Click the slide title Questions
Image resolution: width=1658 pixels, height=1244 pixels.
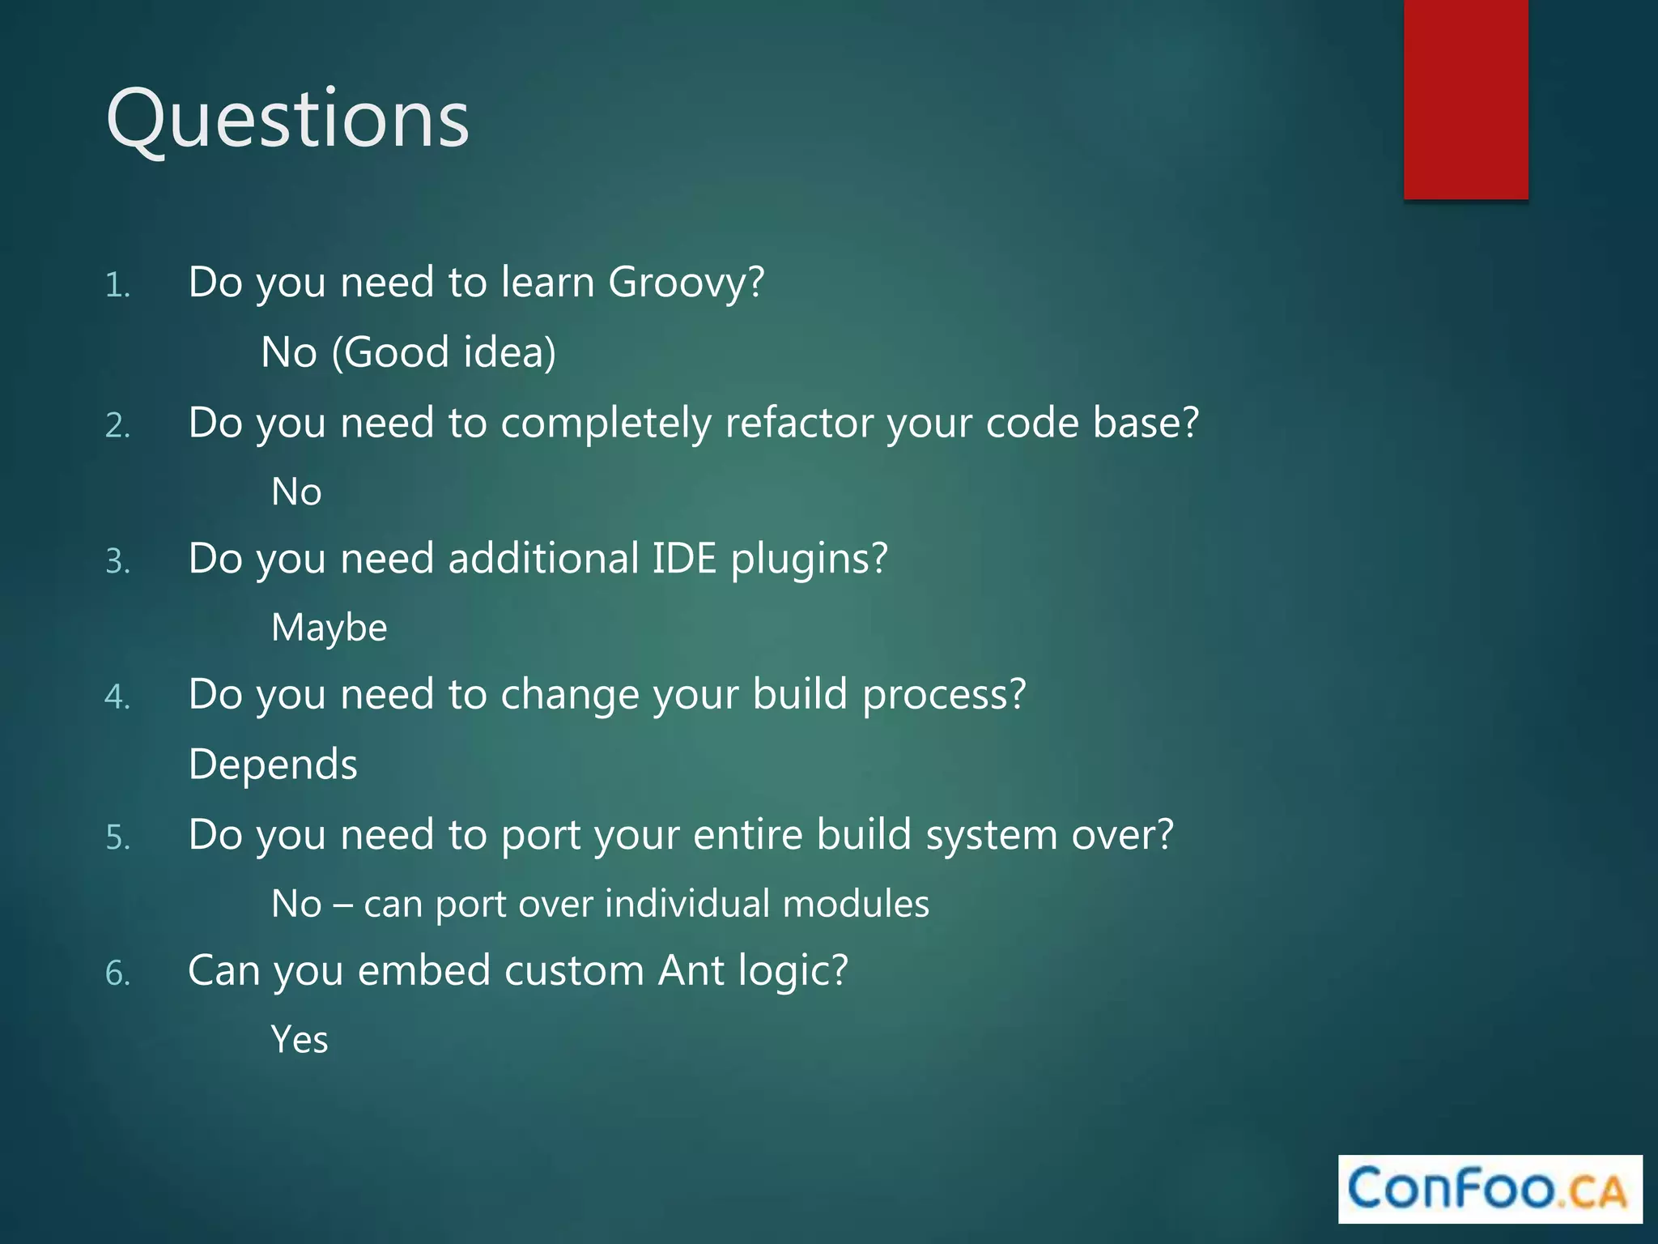coord(287,120)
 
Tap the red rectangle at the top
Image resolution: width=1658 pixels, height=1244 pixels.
coord(1465,99)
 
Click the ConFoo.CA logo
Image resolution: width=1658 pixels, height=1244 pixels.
coord(1490,1188)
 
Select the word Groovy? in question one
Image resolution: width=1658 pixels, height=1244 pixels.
coord(686,283)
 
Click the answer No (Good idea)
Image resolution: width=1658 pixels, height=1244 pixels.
coord(408,353)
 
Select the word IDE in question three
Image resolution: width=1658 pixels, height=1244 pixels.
coord(684,559)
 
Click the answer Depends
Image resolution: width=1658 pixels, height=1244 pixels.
coord(273,765)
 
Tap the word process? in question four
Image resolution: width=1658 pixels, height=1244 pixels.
coord(944,696)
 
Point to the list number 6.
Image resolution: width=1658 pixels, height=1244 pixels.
coord(117,973)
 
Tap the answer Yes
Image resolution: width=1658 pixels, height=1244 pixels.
coord(300,1040)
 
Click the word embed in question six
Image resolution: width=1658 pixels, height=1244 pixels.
coord(423,970)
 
